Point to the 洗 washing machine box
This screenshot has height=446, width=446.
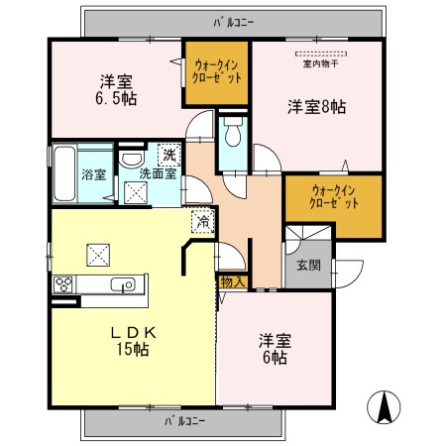pos(168,154)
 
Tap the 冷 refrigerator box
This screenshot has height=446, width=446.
pos(201,223)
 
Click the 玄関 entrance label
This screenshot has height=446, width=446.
pos(307,266)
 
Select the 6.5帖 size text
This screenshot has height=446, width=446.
pos(116,99)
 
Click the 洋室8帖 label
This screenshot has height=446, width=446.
pos(316,104)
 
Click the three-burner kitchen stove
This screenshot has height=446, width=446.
pos(64,284)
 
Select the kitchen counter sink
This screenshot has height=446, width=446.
pos(123,285)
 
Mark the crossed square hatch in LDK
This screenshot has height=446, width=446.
pos(100,254)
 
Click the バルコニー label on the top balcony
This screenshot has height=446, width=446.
pos(234,19)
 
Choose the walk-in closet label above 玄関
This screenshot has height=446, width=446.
pos(334,195)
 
